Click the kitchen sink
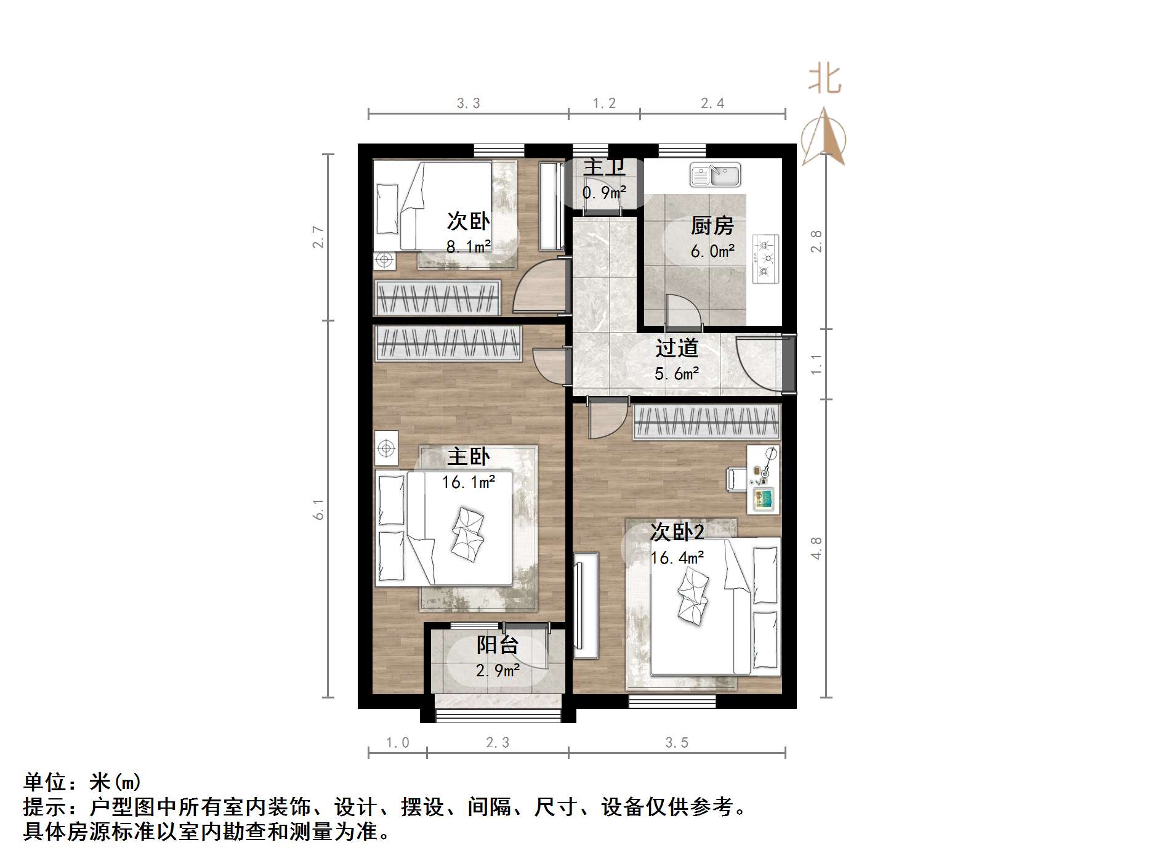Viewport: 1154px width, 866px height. pyautogui.click(x=715, y=174)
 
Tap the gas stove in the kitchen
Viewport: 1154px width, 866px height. pyautogui.click(x=765, y=259)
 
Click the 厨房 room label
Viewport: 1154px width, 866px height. pyautogui.click(x=712, y=226)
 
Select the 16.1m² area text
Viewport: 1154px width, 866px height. pyautogui.click(x=468, y=482)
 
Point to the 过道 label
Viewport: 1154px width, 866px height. pyautogui.click(x=676, y=349)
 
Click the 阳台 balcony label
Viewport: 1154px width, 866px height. pyautogui.click(x=497, y=645)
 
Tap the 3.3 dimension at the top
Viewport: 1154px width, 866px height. pyautogui.click(x=468, y=103)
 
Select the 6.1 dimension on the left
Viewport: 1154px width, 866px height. pyautogui.click(x=318, y=509)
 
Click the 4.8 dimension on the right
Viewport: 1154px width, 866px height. pyautogui.click(x=816, y=548)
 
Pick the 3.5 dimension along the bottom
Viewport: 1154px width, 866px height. pyautogui.click(x=676, y=743)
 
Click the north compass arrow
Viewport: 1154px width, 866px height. pyautogui.click(x=824, y=137)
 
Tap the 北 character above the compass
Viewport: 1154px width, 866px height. pyautogui.click(x=825, y=79)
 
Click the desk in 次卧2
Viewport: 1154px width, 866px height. pyautogui.click(x=764, y=479)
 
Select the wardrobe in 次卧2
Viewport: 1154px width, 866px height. pyautogui.click(x=706, y=422)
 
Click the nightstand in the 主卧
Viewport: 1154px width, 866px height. pyautogui.click(x=386, y=448)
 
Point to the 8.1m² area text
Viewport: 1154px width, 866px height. pyautogui.click(x=468, y=247)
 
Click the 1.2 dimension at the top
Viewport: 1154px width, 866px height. pyautogui.click(x=603, y=103)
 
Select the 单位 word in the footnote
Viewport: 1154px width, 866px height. pyautogui.click(x=45, y=782)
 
